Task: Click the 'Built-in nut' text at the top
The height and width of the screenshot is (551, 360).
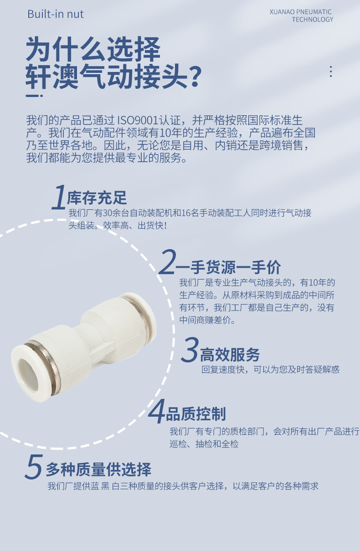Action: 56,14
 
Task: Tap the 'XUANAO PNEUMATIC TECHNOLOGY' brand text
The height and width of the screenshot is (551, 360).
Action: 301,15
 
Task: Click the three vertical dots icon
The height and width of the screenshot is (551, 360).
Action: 331,71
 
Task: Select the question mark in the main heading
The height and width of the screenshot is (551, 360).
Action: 195,76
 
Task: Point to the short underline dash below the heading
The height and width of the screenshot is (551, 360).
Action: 34,96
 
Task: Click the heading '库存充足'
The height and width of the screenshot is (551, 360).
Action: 97,198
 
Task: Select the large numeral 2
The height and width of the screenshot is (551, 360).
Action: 167,262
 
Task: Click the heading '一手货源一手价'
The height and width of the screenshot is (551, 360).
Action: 229,267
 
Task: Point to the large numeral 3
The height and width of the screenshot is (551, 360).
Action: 190,350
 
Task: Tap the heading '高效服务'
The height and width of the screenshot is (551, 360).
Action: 230,354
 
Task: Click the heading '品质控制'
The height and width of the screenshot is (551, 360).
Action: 196,414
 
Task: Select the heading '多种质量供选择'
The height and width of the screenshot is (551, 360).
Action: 98,469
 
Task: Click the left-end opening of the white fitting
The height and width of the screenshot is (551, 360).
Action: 28,369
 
